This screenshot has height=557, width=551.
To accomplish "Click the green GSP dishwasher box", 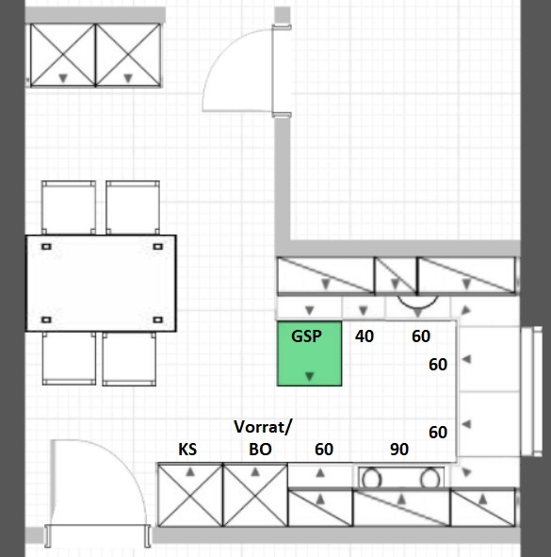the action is (x=309, y=353).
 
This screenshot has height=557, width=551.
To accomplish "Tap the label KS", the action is (x=187, y=450).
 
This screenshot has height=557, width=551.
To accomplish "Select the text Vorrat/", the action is (x=263, y=427).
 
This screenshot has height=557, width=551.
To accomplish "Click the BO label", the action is (x=260, y=450).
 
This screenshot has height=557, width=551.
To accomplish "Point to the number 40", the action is (x=365, y=336).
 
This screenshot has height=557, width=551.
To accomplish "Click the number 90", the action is (x=399, y=450).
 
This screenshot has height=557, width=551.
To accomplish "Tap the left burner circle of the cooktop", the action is (x=371, y=479).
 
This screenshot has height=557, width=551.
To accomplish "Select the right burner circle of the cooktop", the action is (x=430, y=479).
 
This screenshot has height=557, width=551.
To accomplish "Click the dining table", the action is (x=101, y=283).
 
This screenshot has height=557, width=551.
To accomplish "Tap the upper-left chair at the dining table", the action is (x=69, y=207).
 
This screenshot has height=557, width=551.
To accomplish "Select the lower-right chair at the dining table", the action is (x=129, y=359).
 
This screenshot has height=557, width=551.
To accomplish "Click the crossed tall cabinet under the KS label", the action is (x=190, y=495).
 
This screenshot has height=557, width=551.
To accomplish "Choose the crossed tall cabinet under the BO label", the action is (x=255, y=495).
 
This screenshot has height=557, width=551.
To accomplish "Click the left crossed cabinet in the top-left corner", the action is (x=63, y=55).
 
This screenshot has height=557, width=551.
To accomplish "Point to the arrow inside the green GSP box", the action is (x=310, y=376).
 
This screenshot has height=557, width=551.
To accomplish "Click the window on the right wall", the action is (x=531, y=391).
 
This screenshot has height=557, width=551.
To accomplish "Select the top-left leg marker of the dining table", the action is (x=46, y=247).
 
